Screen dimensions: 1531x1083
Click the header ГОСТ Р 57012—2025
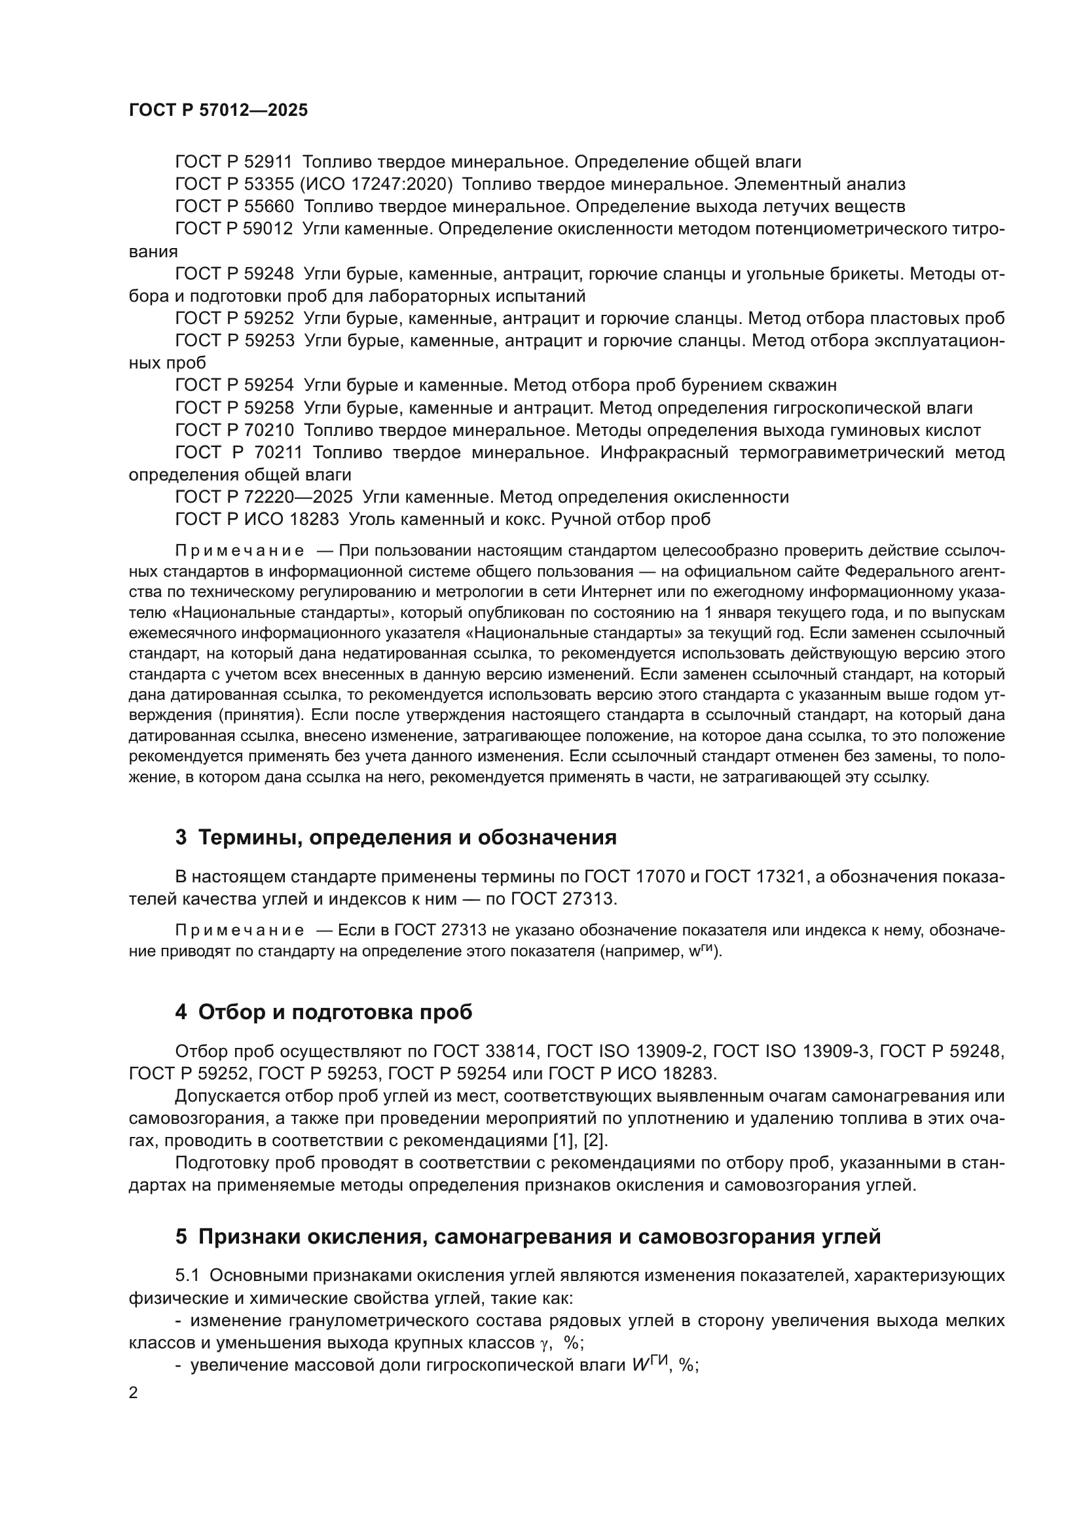point(218,111)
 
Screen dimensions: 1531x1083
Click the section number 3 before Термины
point(181,838)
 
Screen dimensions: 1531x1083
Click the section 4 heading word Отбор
point(229,1012)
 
